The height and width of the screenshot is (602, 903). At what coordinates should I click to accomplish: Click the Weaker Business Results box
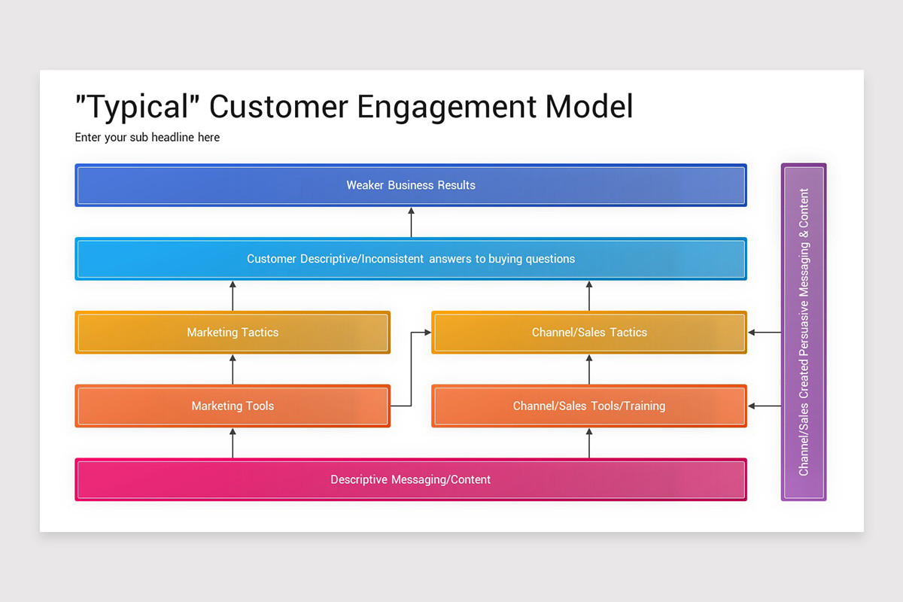click(411, 185)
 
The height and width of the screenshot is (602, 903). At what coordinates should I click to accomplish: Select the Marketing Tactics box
click(233, 333)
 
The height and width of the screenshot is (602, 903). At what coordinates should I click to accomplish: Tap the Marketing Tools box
click(233, 406)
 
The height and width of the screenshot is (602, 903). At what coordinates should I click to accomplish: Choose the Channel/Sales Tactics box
click(589, 333)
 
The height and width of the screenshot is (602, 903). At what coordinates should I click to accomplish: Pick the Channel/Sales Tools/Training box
click(589, 406)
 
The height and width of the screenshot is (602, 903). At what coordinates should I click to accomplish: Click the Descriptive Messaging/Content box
click(411, 479)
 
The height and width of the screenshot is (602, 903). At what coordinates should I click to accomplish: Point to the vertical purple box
click(804, 332)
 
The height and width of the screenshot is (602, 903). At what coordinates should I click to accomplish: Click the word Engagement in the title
click(447, 108)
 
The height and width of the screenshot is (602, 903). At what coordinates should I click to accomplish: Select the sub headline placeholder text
click(147, 138)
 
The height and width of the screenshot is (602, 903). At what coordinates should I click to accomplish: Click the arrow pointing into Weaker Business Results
click(411, 222)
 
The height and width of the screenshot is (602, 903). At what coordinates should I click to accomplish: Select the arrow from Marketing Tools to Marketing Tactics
click(233, 369)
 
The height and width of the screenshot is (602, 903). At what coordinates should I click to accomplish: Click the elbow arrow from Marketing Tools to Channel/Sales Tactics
click(411, 369)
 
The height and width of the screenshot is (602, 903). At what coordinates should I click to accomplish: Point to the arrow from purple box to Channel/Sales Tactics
click(764, 333)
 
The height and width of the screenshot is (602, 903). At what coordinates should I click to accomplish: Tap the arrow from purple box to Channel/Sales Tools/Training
click(764, 406)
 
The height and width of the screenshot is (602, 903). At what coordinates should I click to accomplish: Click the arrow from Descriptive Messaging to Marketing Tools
click(233, 443)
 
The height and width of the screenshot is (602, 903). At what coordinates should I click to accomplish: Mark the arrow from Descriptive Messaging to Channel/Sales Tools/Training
click(589, 443)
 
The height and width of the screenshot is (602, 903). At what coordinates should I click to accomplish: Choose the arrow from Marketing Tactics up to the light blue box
click(233, 296)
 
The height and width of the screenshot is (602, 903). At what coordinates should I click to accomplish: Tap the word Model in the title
click(589, 108)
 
